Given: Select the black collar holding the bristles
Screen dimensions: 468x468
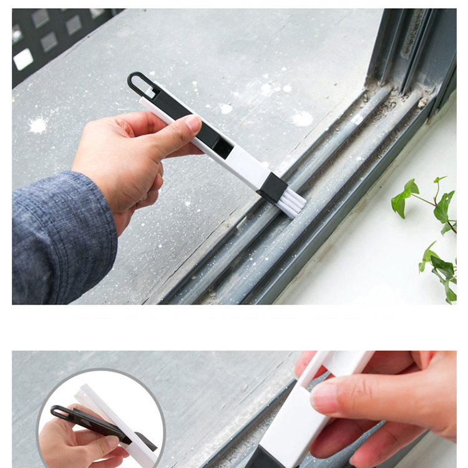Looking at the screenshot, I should pyautogui.click(x=273, y=187).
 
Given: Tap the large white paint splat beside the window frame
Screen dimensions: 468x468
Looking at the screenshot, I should pyautogui.click(x=302, y=118).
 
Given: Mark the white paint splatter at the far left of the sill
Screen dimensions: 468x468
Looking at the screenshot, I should pyautogui.click(x=37, y=125).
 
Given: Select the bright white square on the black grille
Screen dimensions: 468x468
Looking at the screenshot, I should pyautogui.click(x=23, y=59).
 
